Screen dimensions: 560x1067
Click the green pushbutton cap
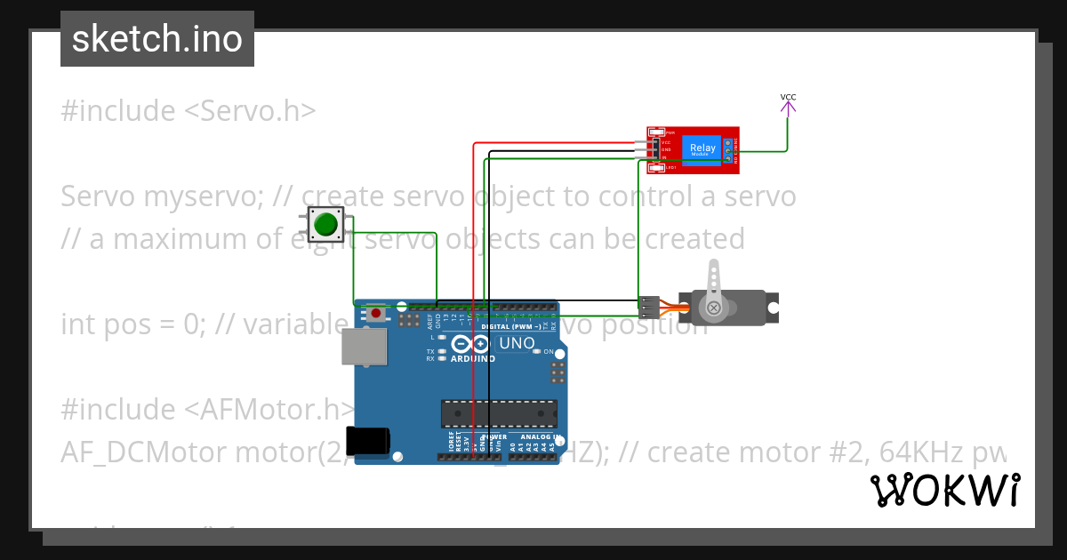(326, 224)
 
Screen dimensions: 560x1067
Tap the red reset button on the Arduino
(377, 313)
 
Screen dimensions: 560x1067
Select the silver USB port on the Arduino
(365, 346)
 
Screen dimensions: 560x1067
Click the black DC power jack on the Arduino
(367, 441)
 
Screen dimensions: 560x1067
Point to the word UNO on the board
(516, 343)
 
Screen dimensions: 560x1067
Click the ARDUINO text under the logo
(472, 358)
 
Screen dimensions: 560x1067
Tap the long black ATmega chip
(499, 413)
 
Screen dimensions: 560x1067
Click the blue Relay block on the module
(702, 149)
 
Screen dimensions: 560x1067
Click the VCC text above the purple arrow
(788, 97)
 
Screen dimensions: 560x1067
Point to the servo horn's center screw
(713, 308)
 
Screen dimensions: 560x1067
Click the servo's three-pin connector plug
(649, 308)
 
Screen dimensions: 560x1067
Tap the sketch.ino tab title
(157, 39)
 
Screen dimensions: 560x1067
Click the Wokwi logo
(944, 490)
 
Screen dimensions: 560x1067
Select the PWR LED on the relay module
(659, 132)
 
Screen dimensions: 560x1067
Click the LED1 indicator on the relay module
(659, 167)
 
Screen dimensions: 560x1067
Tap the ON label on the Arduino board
(549, 352)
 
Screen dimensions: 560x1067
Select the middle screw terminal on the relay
(728, 150)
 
